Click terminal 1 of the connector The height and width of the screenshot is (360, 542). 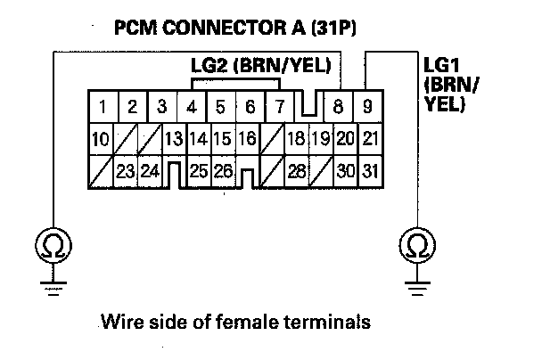point(103,109)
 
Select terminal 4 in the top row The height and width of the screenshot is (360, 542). point(191,109)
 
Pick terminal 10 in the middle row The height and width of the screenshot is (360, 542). point(102,139)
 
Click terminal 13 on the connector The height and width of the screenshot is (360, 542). point(174,139)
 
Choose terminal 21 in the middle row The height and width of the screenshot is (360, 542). point(371,139)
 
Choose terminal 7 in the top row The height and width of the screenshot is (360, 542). point(278,109)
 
